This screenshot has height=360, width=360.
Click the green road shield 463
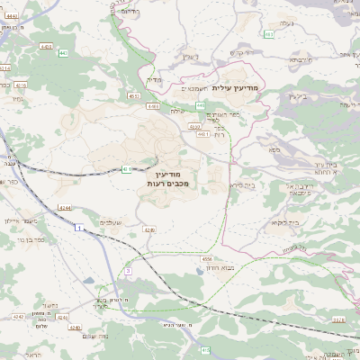(x=269, y=34)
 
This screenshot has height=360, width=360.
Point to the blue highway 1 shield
(x=78, y=229)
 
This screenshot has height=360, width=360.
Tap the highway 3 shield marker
(x=129, y=269)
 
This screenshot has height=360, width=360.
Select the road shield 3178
(x=337, y=319)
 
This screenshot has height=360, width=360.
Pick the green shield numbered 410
(x=205, y=349)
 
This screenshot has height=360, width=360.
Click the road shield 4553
(x=133, y=94)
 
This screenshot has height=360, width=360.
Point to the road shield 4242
(x=19, y=317)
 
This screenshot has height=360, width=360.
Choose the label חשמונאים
(x=195, y=88)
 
